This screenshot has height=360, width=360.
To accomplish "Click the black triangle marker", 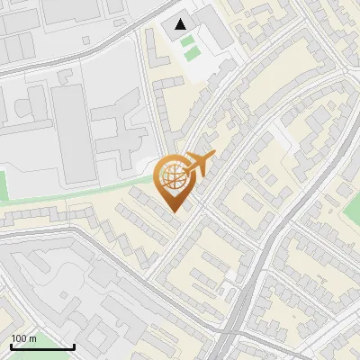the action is click(x=182, y=24).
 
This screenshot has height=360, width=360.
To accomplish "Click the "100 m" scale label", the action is click(x=24, y=338).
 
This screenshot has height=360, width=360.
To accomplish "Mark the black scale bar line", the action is click(x=41, y=346).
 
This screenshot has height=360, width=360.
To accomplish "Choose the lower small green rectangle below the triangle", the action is click(x=190, y=53).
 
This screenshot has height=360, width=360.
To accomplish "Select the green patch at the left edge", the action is click(x=3, y=185).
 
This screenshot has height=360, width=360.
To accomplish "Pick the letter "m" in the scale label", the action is click(x=33, y=338).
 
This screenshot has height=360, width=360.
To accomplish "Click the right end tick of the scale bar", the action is click(x=74, y=345).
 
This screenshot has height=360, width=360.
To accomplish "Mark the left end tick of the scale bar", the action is click(x=10, y=345).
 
